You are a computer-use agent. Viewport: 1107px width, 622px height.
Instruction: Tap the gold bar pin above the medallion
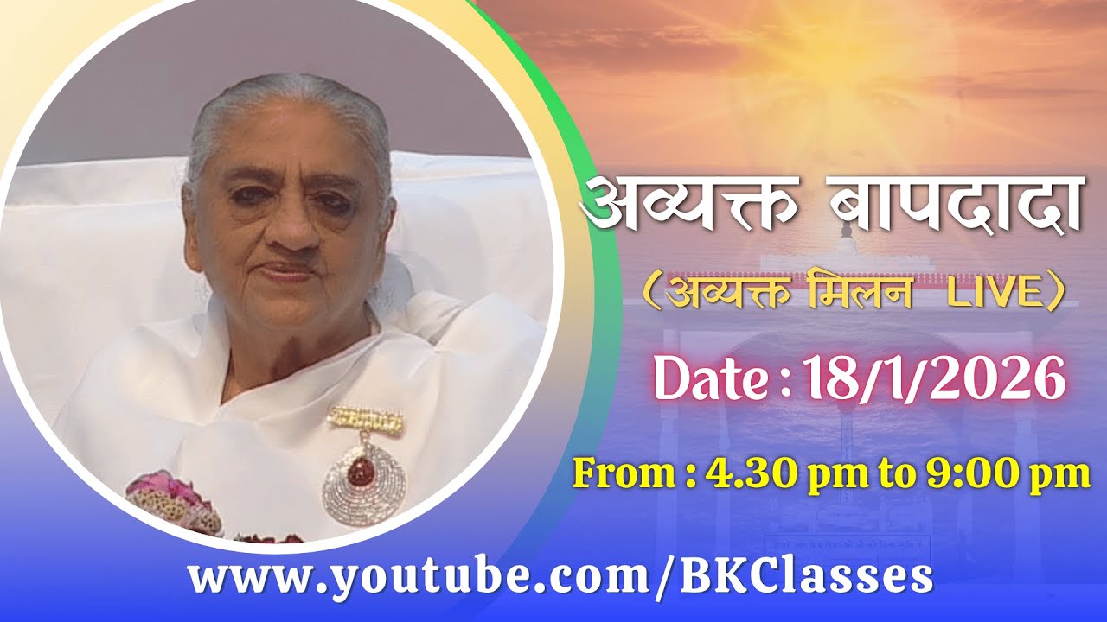(x=365, y=422)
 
